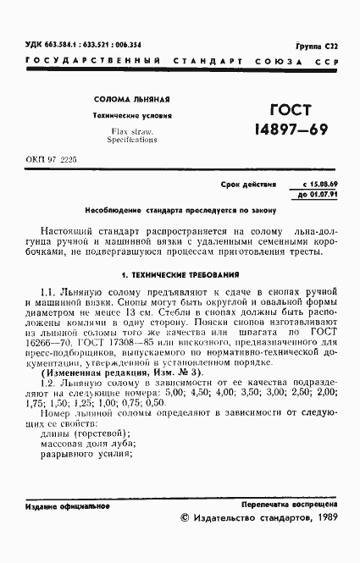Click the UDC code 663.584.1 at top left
57,44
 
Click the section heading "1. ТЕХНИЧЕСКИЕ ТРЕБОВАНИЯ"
180,275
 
